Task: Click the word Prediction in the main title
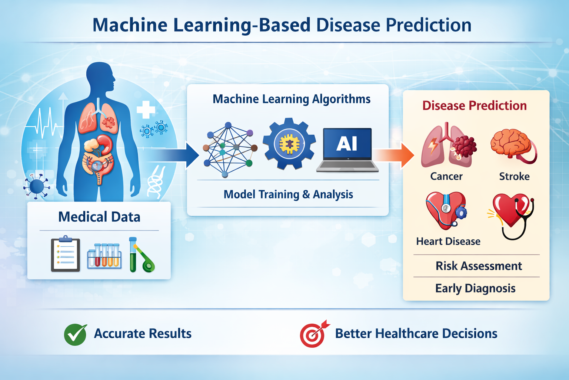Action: pyautogui.click(x=429, y=25)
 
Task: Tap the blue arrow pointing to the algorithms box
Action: pyautogui.click(x=175, y=155)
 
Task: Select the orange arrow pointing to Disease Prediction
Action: pyautogui.click(x=394, y=155)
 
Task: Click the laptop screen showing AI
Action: pyautogui.click(x=347, y=143)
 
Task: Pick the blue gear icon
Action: pyautogui.click(x=289, y=144)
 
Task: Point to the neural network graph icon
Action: pyautogui.click(x=230, y=150)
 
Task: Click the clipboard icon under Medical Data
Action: pyautogui.click(x=66, y=253)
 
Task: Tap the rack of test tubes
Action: pyautogui.click(x=104, y=256)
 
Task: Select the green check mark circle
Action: pyautogui.click(x=76, y=334)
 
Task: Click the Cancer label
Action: pyautogui.click(x=446, y=176)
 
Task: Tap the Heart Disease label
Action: pyautogui.click(x=448, y=241)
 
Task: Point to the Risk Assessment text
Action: pyautogui.click(x=479, y=266)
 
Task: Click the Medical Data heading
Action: pyautogui.click(x=99, y=217)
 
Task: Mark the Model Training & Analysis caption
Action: pyautogui.click(x=288, y=194)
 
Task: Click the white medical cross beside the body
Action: pyautogui.click(x=146, y=109)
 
